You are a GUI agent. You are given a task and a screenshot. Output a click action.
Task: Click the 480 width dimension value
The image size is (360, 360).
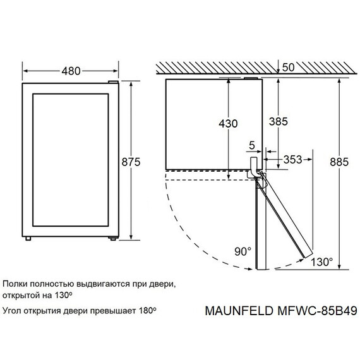coord(71,71)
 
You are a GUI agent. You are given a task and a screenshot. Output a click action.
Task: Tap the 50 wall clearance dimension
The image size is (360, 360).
coord(289,67)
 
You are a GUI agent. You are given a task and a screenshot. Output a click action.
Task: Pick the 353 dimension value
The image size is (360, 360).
coord(292,160)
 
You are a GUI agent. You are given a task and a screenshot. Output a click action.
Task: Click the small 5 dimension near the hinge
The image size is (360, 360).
coord(252,145)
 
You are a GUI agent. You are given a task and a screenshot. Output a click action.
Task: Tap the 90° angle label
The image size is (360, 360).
coord(242,252)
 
